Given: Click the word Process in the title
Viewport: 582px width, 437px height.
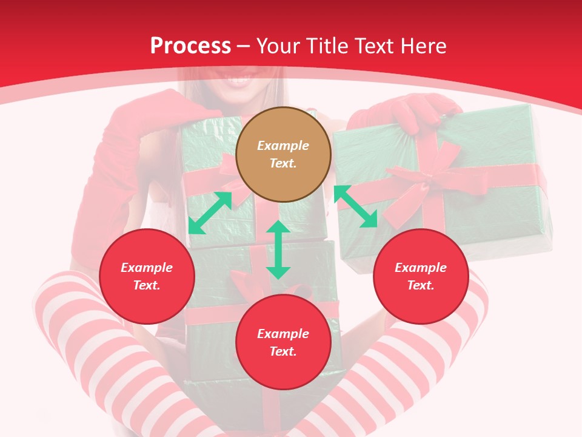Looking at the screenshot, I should point(190,46).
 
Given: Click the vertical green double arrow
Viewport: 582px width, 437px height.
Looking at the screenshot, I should point(278,249).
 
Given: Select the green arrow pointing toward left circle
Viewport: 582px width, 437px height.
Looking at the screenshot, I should point(210,212).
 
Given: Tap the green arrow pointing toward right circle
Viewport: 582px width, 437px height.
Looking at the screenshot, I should point(355,206).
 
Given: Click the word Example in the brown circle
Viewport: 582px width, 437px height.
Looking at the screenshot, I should point(283,146).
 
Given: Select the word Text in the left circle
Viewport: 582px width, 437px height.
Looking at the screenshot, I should point(146,285).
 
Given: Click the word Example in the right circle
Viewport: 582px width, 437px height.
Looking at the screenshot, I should point(421,268).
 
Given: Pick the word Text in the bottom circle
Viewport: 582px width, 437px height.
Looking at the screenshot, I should point(283,351).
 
